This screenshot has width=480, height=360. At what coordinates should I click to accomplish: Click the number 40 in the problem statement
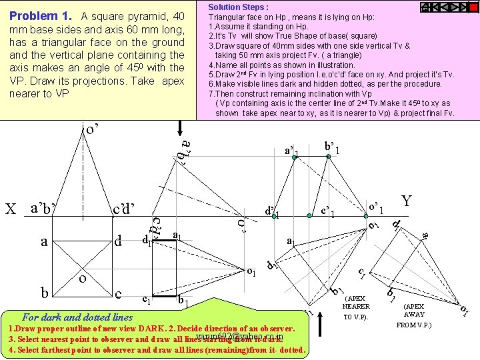click(x=177, y=16)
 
